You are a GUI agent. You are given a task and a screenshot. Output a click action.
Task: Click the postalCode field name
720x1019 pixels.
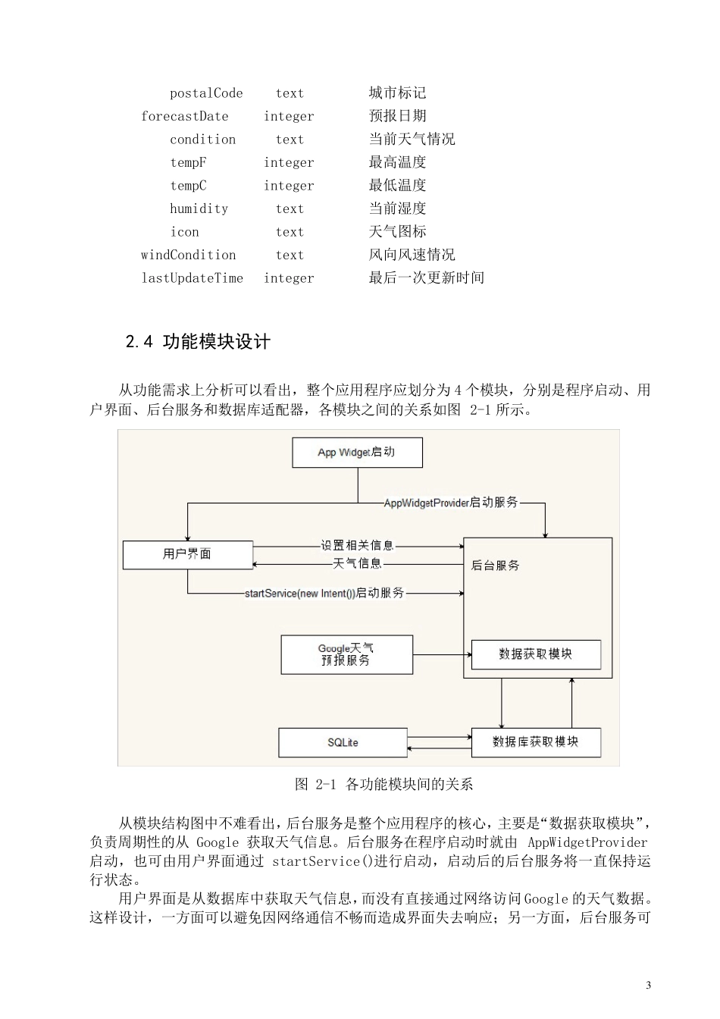coord(206,93)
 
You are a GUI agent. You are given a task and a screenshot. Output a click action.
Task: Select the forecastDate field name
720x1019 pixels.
coord(184,116)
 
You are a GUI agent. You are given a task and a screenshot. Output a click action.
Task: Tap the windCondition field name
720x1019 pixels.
coord(188,255)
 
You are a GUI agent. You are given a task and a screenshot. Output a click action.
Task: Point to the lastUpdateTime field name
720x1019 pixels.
coord(192,278)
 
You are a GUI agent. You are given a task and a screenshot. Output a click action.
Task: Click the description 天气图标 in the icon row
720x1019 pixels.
coord(397,232)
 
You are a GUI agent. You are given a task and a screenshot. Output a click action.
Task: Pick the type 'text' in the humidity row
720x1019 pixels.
coord(290,209)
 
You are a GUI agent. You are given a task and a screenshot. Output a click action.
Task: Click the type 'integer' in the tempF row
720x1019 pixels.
coord(289,162)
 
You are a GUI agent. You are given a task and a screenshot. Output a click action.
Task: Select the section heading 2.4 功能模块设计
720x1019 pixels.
coord(198,342)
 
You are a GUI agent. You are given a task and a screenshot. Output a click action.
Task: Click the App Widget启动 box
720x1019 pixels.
coord(357,453)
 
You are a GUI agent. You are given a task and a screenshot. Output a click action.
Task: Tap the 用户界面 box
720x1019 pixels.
coord(187,554)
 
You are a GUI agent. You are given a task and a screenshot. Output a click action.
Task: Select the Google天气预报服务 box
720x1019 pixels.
coord(346,654)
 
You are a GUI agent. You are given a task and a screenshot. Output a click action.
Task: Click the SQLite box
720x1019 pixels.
coord(343,742)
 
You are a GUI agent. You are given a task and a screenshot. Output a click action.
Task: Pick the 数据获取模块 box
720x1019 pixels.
coord(535,654)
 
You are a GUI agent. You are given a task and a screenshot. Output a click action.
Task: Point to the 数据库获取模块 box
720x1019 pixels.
coord(535,742)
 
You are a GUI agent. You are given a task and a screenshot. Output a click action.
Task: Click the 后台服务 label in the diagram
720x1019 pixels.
coord(496,566)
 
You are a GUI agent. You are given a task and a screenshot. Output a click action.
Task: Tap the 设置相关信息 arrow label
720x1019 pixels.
coord(357,545)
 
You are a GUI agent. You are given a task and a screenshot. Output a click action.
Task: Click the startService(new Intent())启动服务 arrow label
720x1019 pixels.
coord(324,593)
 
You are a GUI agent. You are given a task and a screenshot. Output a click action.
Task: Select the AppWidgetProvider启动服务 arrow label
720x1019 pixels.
coord(451,503)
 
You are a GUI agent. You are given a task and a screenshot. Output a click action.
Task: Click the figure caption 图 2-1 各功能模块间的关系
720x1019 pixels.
coord(384,784)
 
